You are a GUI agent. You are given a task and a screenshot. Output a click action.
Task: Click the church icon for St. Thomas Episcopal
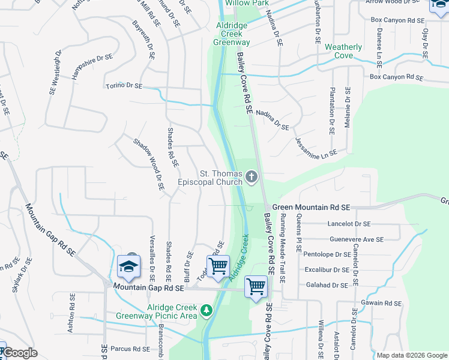pos(252,177)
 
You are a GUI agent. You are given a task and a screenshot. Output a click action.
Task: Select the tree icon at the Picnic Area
pos(206,310)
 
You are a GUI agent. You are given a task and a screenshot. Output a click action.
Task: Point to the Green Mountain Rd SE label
pos(311,207)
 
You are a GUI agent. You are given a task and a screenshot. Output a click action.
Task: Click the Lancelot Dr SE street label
pos(349,223)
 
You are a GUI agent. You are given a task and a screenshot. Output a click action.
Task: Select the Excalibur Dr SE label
pos(328,269)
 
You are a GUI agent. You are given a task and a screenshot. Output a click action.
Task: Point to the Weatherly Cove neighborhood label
pos(343,51)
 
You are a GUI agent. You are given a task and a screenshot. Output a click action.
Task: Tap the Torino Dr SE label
pos(124,86)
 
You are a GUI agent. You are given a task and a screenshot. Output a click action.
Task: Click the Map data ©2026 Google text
pos(412,355)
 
